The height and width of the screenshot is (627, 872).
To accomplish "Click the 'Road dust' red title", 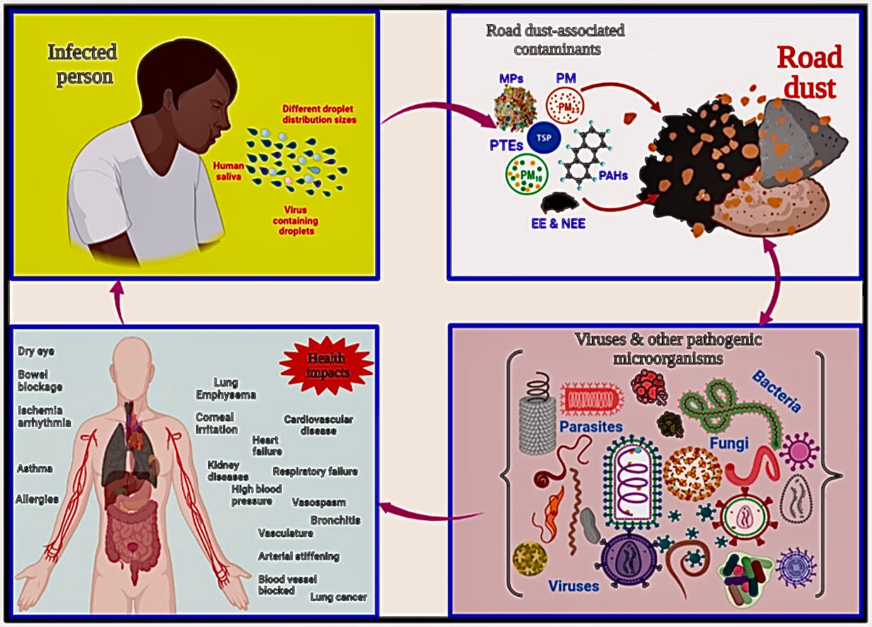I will click(x=810, y=72).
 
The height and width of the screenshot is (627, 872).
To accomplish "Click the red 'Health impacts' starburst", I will click(x=326, y=364).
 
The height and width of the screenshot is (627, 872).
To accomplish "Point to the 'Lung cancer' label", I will click(x=338, y=597).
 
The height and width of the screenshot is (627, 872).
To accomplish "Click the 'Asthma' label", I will click(x=35, y=468).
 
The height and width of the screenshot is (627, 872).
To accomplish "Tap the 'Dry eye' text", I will click(x=36, y=351).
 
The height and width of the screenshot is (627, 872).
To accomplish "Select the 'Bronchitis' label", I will click(x=335, y=520).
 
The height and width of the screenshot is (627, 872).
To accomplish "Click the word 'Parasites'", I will click(x=590, y=427).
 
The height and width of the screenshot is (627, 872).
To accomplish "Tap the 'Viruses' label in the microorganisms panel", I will click(x=573, y=586).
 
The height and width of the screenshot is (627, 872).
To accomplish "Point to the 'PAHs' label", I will click(x=613, y=176).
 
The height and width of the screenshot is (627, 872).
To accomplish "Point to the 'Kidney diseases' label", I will click(x=229, y=471).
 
